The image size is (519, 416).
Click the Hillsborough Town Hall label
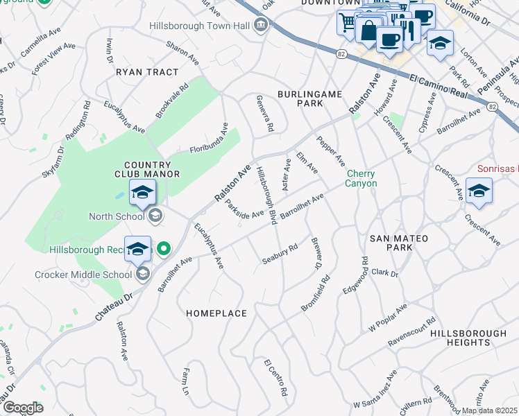200,26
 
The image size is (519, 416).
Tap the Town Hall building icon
262,26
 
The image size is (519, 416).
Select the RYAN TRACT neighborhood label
147,72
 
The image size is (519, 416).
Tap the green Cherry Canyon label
361,178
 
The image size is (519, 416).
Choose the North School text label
116,216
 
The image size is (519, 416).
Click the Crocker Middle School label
83,275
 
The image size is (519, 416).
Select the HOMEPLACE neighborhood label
216,313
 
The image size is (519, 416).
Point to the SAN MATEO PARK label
399,239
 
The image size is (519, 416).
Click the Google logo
22,408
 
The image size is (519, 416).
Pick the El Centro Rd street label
275,377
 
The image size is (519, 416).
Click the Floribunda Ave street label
209,140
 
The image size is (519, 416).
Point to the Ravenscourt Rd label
411,331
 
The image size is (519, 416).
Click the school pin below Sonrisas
479,191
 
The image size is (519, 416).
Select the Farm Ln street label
185,382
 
